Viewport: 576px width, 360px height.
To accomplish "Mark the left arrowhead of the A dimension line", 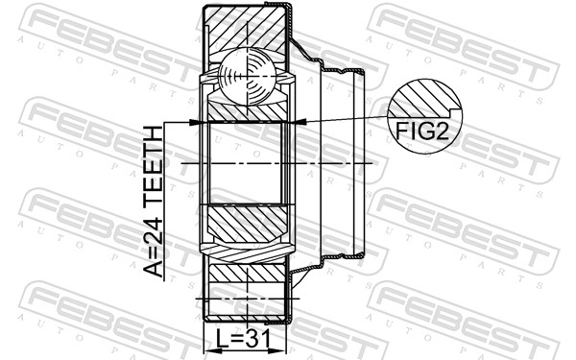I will click(197, 122).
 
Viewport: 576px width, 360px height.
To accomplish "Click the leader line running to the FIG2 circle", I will click(346, 119).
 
